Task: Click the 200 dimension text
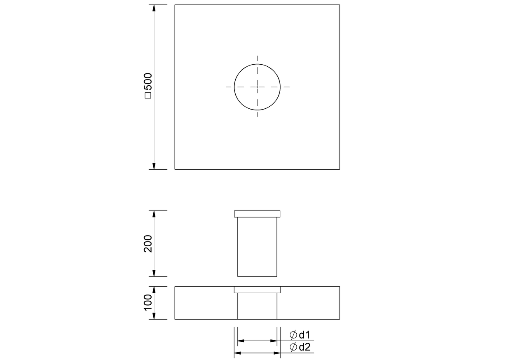(148, 243)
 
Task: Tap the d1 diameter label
(305, 335)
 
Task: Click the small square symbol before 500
(148, 95)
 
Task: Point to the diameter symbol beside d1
(293, 335)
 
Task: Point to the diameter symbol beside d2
(293, 347)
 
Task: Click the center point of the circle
(257, 87)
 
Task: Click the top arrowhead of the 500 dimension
(154, 8)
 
